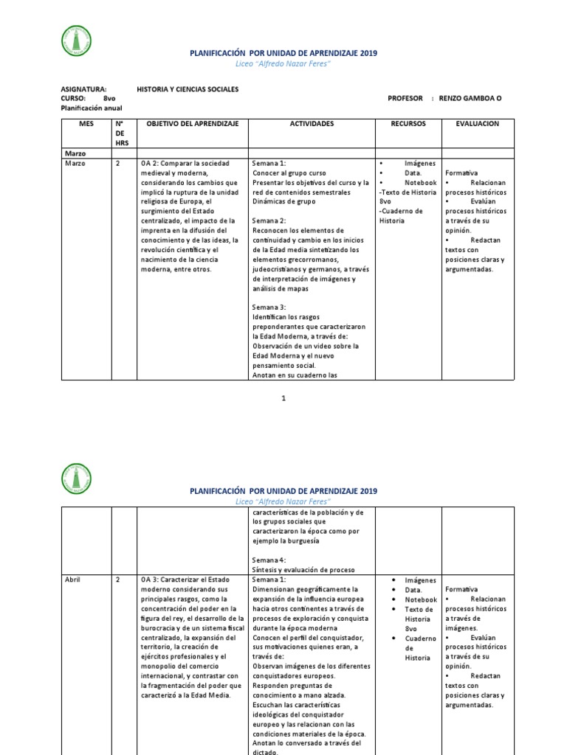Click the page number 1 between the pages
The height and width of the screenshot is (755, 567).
[x=283, y=398]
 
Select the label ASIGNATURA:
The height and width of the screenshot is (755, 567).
[x=83, y=88]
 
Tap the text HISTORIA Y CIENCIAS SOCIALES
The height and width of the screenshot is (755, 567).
[x=188, y=88]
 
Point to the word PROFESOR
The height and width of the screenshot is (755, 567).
[x=405, y=98]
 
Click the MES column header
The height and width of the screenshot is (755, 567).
[x=86, y=124]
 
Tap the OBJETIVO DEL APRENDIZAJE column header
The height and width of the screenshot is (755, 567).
[x=192, y=124]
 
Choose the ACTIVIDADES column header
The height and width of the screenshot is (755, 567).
[x=312, y=124]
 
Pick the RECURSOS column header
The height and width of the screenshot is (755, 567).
[x=408, y=124]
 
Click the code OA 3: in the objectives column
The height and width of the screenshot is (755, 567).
[x=149, y=580]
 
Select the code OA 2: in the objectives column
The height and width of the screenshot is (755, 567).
[x=149, y=163]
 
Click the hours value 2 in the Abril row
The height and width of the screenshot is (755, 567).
[x=118, y=580]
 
